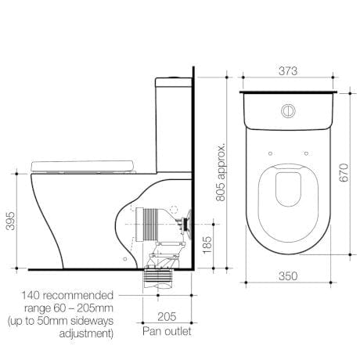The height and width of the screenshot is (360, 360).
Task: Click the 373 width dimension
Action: (290, 70)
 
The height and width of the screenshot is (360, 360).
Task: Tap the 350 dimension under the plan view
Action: (289, 276)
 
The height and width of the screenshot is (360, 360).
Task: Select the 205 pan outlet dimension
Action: (167, 318)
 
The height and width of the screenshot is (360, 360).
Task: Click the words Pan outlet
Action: (167, 332)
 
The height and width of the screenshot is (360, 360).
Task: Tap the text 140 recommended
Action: (68, 295)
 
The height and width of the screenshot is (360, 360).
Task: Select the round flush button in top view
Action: (289, 109)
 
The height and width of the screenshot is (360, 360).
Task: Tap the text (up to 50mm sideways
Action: (60, 322)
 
